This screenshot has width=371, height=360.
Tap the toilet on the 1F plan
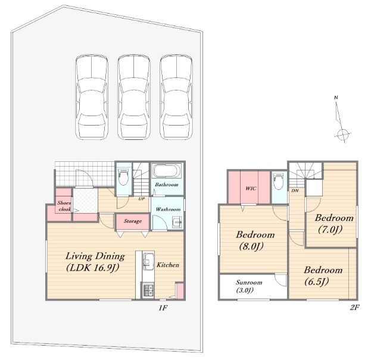pos(123,177)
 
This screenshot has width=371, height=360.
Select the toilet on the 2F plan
pos(279,181)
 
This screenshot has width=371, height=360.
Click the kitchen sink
pos(148,262)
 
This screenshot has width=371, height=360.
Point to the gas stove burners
pos(148,290)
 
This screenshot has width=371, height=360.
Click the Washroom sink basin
pos(177,223)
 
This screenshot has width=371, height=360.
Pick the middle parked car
pos(134,97)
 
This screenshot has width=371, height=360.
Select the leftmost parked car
pos(92,97)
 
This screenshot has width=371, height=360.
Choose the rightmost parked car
pos(176,97)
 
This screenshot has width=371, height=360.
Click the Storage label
pos(133,221)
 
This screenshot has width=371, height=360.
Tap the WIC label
pos(251,189)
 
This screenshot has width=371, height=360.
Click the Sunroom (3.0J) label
pos(249,286)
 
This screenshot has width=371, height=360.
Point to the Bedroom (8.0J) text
pos(255,240)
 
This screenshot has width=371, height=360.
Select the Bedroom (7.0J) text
pos(334,223)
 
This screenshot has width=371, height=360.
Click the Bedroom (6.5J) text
pos(323,276)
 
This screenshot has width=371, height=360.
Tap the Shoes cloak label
pos(64,206)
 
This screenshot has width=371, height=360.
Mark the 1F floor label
pos(163,308)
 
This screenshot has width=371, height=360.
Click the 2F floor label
pos(354,307)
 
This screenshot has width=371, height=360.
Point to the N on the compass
pos(336,98)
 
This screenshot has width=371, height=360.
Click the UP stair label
pos(142,199)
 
